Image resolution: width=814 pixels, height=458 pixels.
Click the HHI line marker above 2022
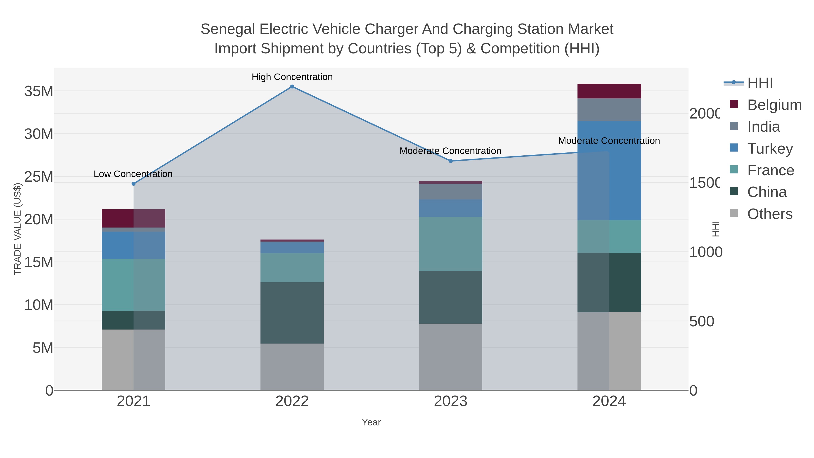coord(292,87)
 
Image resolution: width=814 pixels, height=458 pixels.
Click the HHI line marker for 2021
coord(133,184)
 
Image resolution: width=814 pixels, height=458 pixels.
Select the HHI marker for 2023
coord(451,161)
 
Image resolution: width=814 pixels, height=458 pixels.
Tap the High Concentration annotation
coord(292,77)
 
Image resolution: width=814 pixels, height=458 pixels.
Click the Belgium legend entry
coord(774,105)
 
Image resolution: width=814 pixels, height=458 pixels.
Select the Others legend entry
coord(769,214)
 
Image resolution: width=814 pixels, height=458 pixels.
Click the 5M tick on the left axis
coord(43,348)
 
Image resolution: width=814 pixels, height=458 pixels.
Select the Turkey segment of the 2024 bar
coord(609,171)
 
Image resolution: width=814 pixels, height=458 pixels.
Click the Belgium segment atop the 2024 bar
coord(609,91)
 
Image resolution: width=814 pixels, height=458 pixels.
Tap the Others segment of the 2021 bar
coord(133,360)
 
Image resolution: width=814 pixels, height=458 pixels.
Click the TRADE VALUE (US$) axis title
coord(17,229)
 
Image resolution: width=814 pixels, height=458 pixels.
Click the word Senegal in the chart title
coord(227,29)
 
